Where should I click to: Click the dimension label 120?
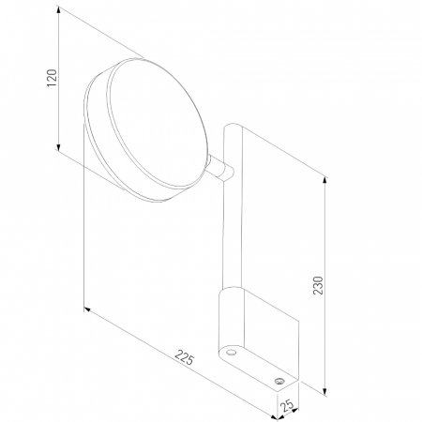52,78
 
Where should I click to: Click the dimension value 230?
318,285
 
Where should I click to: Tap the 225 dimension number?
185,357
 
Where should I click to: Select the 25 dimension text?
287,405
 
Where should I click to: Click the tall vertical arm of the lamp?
233,206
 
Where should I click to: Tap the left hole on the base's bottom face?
231,353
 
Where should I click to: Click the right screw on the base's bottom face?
279,381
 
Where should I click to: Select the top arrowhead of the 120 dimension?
58,10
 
